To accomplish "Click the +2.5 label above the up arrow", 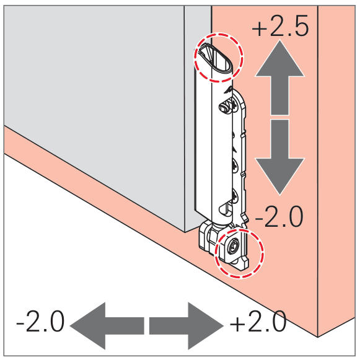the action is click(280, 26).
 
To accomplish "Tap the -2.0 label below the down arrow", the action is click(279, 216).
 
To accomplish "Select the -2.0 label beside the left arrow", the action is click(40, 321).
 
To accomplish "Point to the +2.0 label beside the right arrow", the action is click(258, 321).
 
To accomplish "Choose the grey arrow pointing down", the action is click(279, 157).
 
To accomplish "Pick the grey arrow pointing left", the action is click(107, 326).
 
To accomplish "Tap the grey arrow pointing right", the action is click(187, 326).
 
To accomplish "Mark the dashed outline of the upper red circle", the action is click(195, 58).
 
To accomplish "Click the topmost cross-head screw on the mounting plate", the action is click(235, 106).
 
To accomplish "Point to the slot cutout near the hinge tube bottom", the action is click(226, 209).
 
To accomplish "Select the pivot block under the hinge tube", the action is click(208, 238).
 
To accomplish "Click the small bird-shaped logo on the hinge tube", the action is click(229, 90).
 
